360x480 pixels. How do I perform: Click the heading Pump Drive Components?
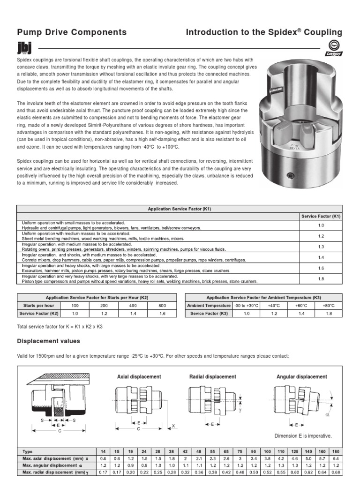72,32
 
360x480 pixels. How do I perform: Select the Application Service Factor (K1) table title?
180,209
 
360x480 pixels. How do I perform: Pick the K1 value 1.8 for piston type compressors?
321,278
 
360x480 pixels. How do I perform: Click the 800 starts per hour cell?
162,305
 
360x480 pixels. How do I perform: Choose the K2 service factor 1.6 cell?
162,313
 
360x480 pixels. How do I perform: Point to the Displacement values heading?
48,341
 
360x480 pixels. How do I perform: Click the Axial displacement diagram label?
139,376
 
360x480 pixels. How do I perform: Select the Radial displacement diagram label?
212,376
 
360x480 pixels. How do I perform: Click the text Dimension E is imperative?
303,435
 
